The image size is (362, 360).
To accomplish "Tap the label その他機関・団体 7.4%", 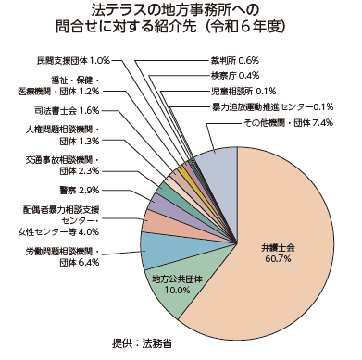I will click(x=286, y=123).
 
